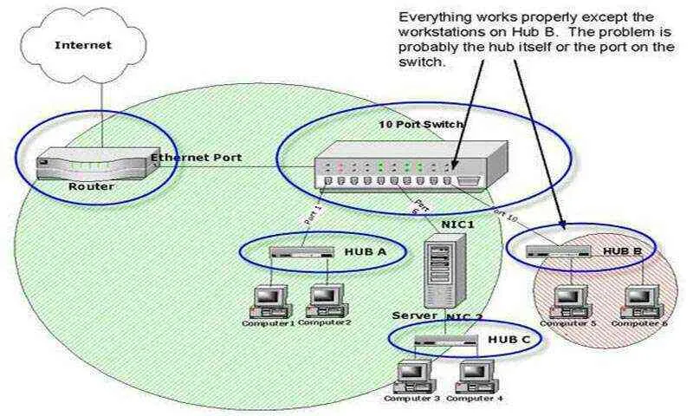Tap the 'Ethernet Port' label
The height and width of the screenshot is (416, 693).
(x=196, y=159)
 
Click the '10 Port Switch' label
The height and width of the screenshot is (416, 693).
(x=422, y=125)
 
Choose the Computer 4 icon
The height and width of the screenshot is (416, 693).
(x=472, y=375)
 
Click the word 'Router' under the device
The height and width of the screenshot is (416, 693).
(x=91, y=185)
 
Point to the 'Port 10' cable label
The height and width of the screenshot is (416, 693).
(x=508, y=213)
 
